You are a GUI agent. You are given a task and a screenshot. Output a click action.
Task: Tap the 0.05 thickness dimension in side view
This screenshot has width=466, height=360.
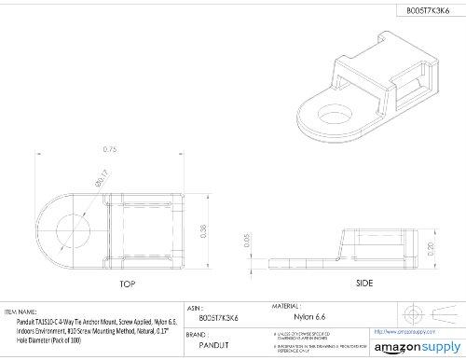pyautogui.click(x=245, y=243)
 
